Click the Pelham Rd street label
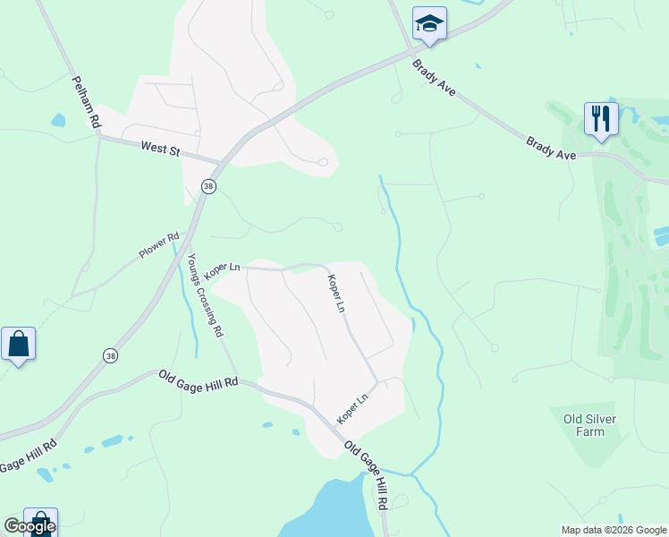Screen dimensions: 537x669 coord(85,103)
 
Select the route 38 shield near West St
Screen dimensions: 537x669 coord(208,186)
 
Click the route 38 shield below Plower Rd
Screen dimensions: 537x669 coord(109,355)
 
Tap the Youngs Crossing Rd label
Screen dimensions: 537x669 coord(205,294)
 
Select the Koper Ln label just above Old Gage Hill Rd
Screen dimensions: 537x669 coord(352,409)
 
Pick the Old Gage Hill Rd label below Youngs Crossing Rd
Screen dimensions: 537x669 coord(199,379)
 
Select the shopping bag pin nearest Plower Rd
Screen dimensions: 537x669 coord(18,344)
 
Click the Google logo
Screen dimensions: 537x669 coord(29,526)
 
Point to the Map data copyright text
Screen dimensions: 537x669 coord(612,530)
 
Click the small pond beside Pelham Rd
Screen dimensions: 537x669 coord(58,120)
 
